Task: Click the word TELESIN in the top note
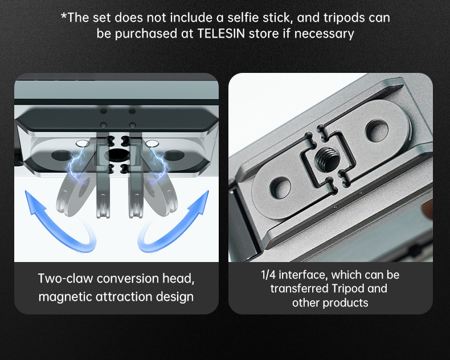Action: point(220,34)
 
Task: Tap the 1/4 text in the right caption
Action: point(267,275)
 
